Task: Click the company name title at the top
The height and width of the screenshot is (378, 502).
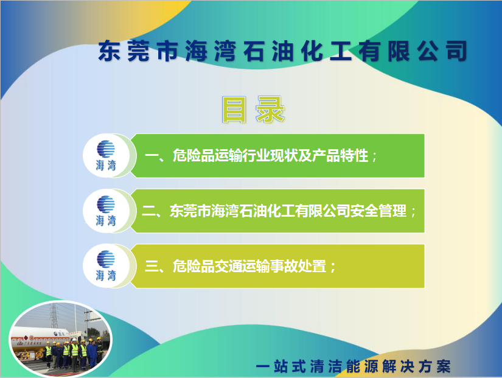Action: pyautogui.click(x=282, y=51)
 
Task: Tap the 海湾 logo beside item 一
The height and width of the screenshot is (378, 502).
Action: pyautogui.click(x=106, y=155)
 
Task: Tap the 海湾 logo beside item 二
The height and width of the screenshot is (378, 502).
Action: pyautogui.click(x=106, y=211)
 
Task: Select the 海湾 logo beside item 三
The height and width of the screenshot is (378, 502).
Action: pyautogui.click(x=106, y=266)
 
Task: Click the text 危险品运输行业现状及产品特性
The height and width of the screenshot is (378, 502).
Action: pyautogui.click(x=270, y=156)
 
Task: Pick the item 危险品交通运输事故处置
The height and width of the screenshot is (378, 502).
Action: pyautogui.click(x=249, y=266)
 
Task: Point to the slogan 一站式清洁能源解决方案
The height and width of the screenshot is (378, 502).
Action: pyautogui.click(x=353, y=366)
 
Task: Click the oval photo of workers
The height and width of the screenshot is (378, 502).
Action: pyautogui.click(x=60, y=338)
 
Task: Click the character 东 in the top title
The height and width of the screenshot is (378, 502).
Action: pyautogui.click(x=109, y=51)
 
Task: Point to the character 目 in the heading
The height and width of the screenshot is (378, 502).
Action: pyautogui.click(x=234, y=110)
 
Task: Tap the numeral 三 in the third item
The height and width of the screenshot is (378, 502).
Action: pyautogui.click(x=152, y=266)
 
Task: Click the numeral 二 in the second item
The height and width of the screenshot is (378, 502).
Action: pyautogui.click(x=148, y=211)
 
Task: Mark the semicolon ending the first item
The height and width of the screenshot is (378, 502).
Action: pyautogui.click(x=374, y=158)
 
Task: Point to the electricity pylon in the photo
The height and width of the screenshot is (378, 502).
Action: pyautogui.click(x=53, y=315)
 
